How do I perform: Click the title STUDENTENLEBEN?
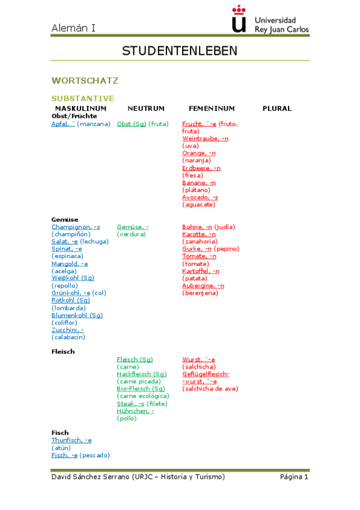tap(180, 51)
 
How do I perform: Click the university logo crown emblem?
tap(239, 19)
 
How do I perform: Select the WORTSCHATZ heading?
tap(85, 80)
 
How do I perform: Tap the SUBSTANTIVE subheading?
tap(83, 98)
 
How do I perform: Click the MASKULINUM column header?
tap(81, 108)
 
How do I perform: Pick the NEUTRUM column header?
tap(145, 108)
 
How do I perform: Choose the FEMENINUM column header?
tap(212, 108)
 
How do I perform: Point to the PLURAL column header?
tap(277, 108)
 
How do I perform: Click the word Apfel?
tap(60, 124)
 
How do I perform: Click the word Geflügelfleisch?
tap(205, 374)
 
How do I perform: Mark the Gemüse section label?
tap(65, 219)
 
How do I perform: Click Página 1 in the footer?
tap(294, 477)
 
